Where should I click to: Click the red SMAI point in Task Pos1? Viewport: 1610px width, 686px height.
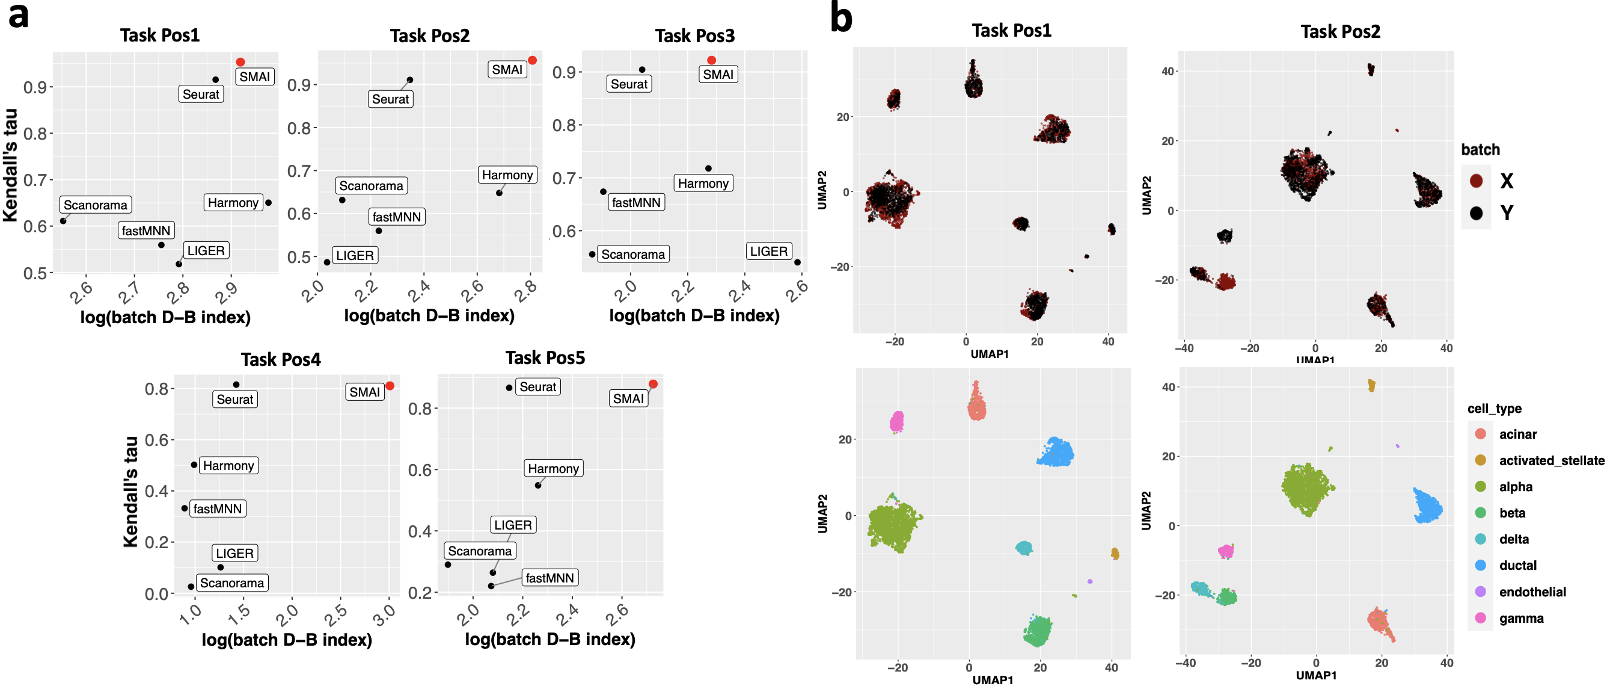(x=240, y=62)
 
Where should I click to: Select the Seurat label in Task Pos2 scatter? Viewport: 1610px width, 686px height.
(x=390, y=99)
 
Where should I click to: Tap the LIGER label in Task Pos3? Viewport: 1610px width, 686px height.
(x=768, y=252)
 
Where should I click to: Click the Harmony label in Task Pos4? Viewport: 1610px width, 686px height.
(x=228, y=465)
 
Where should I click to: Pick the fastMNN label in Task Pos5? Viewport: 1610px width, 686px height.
(x=549, y=578)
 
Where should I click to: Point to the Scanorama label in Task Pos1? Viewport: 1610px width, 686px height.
(x=95, y=205)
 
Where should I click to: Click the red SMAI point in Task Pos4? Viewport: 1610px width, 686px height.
(x=390, y=386)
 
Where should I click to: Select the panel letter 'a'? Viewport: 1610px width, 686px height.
(x=19, y=16)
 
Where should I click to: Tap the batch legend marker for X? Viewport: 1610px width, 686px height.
(x=1477, y=181)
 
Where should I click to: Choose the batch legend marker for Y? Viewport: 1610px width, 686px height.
(x=1477, y=213)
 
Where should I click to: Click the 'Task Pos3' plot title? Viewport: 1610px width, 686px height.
(x=694, y=36)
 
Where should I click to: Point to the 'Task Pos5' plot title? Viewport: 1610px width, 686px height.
(x=545, y=357)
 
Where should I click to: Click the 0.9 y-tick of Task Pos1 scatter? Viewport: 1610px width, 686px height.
(x=35, y=87)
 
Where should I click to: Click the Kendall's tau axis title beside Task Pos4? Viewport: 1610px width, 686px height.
(x=130, y=492)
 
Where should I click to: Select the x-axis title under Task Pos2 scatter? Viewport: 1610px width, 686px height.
(x=429, y=316)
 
